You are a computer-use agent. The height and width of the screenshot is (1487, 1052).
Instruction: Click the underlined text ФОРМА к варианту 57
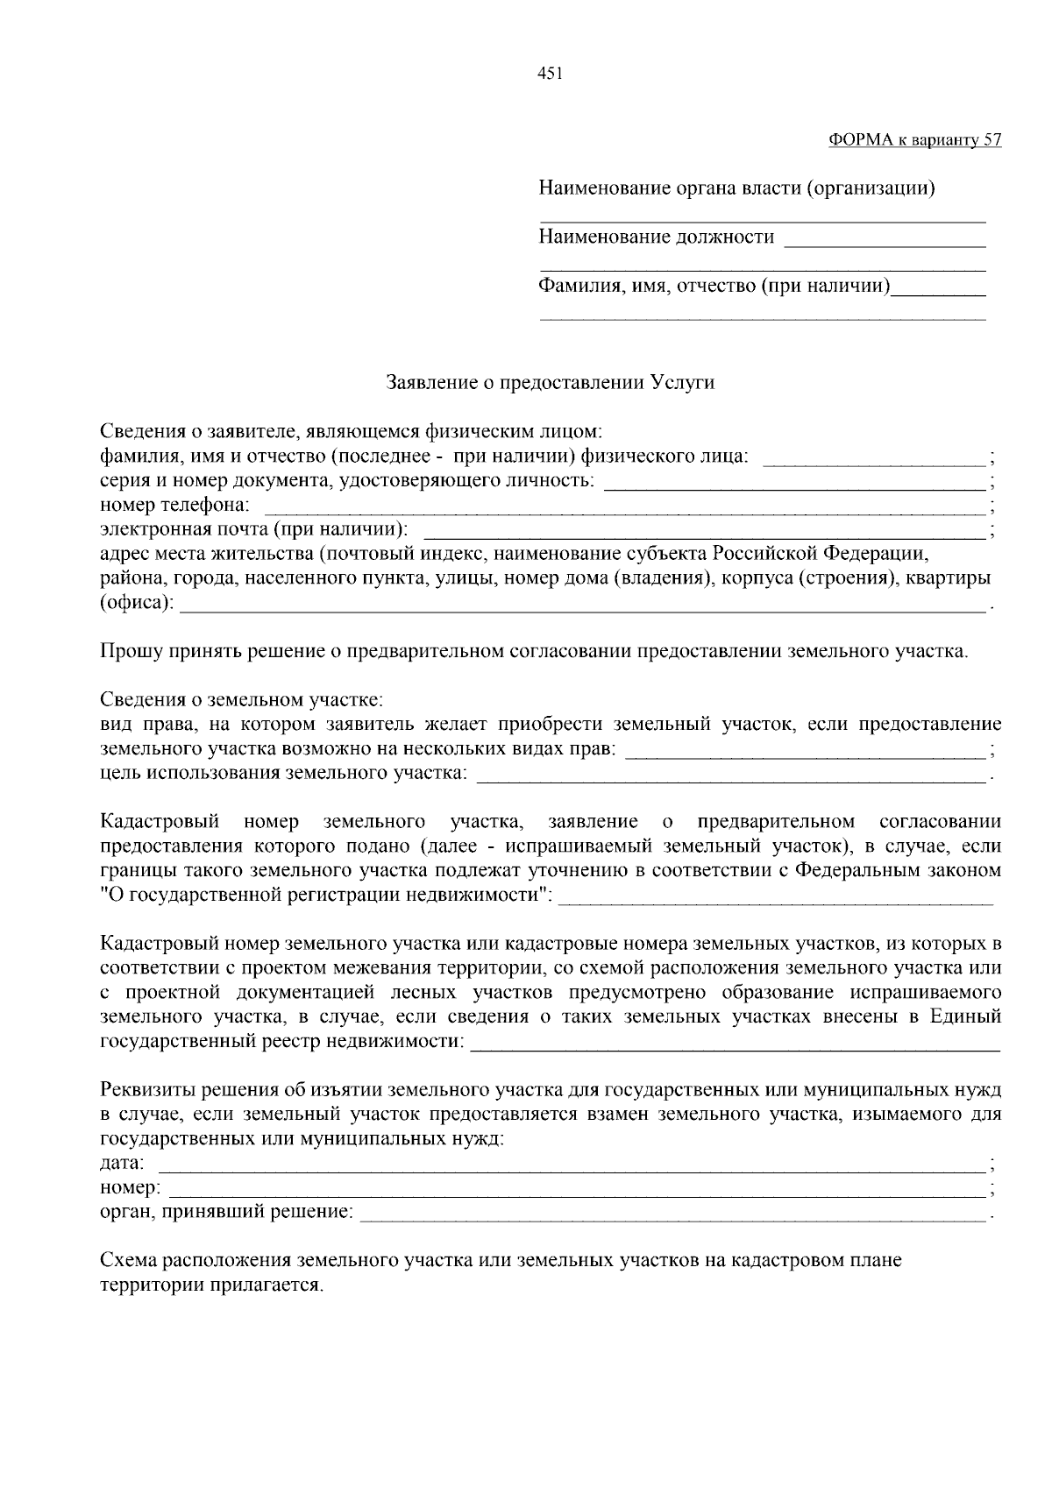(914, 140)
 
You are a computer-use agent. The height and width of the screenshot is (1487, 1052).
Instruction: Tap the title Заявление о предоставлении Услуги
(551, 383)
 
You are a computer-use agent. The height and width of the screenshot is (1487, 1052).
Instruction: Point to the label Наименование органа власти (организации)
(736, 188)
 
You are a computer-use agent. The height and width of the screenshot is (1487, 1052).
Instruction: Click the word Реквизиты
(148, 1091)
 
